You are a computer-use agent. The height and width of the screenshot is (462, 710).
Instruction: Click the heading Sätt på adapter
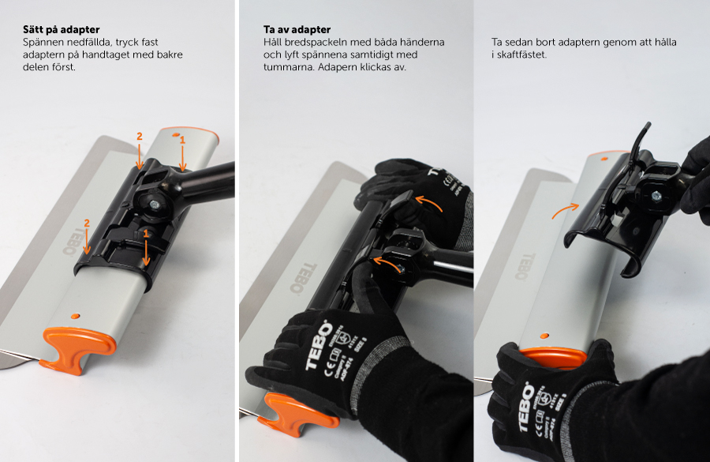61,30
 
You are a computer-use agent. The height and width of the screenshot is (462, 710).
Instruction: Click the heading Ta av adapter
297,30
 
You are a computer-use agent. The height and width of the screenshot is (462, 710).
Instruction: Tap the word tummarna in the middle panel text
289,67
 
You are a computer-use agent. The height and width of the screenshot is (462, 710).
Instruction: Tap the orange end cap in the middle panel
297,414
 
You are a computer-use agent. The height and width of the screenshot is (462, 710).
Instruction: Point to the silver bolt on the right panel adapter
656,196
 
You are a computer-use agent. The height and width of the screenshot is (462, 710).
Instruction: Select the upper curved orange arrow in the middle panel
429,201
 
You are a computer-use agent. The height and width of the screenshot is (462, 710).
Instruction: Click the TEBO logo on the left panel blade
69,241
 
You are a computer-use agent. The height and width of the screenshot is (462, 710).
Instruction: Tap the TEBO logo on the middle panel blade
304,277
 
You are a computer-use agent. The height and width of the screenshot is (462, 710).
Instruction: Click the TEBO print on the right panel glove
527,407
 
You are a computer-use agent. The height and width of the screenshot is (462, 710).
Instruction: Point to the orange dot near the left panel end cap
76,315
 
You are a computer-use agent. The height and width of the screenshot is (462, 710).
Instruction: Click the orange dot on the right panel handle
544,336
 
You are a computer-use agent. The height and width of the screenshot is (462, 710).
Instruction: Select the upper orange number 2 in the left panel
140,136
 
